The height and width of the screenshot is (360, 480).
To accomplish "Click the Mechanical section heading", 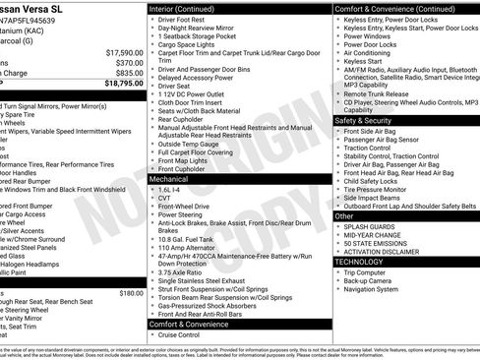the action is pos(176,180).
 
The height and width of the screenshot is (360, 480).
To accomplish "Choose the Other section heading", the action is pos(344,215).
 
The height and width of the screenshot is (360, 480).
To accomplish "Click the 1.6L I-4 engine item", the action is pos(172,190).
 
